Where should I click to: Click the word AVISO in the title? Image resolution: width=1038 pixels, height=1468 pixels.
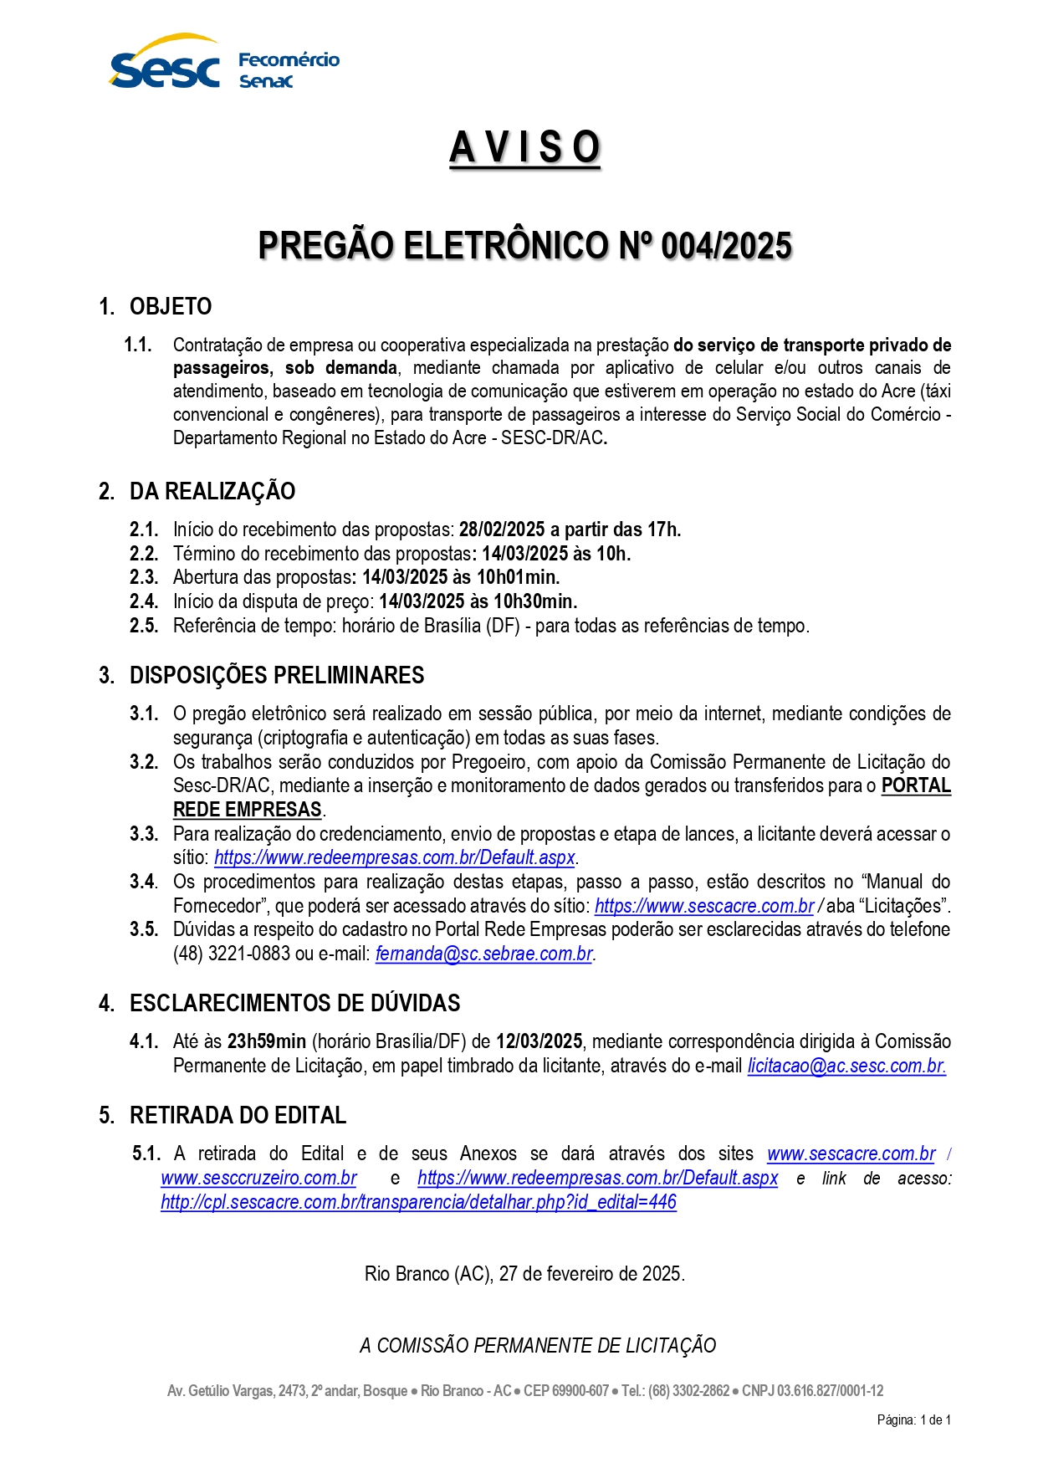[x=524, y=148]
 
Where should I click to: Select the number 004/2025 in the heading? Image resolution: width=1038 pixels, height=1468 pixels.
[x=726, y=246]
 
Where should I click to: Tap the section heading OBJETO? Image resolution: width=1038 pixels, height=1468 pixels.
[x=171, y=306]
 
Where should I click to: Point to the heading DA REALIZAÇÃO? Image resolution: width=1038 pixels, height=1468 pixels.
[x=212, y=491]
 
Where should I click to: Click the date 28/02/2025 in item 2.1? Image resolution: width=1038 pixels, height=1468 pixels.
[x=502, y=529]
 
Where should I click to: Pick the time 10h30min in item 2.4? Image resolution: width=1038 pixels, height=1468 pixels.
[x=534, y=601]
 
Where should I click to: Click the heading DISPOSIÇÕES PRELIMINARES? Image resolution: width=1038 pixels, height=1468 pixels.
[x=276, y=675]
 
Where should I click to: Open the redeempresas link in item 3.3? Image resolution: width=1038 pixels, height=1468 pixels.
[x=395, y=857]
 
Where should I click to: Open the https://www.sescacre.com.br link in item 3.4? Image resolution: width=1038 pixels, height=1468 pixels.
[x=704, y=906]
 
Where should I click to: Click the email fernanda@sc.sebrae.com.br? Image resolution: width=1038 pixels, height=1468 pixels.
[x=484, y=954]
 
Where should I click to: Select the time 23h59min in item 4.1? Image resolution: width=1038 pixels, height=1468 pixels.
[x=266, y=1041]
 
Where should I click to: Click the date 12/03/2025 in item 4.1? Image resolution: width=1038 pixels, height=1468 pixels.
[x=539, y=1041]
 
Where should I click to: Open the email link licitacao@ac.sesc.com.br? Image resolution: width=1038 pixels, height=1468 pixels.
[x=846, y=1066]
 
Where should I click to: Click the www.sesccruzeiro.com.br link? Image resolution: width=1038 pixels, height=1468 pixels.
[x=258, y=1178]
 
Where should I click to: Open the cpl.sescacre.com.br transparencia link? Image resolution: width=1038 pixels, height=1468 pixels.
[x=418, y=1202]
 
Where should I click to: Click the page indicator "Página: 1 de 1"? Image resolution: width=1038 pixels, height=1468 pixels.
[x=913, y=1419]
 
